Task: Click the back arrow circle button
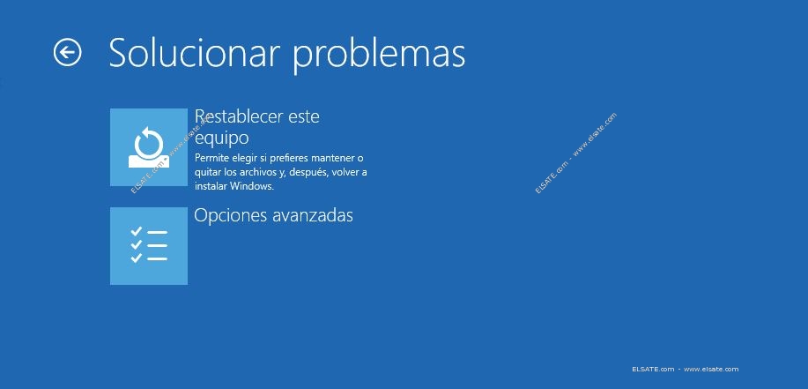pyautogui.click(x=68, y=52)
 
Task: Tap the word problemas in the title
pyautogui.click(x=379, y=55)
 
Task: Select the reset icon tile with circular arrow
pyautogui.click(x=149, y=147)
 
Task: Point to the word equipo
pyautogui.click(x=221, y=138)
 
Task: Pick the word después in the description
pyautogui.click(x=309, y=173)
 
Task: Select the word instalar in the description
pyautogui.click(x=211, y=186)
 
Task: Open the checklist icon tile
pyautogui.click(x=149, y=246)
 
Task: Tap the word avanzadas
pyautogui.click(x=313, y=215)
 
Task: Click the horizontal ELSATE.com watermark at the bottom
pyautogui.click(x=685, y=369)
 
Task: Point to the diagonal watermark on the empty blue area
pyautogui.click(x=575, y=153)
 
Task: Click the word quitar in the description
pyautogui.click(x=207, y=173)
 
